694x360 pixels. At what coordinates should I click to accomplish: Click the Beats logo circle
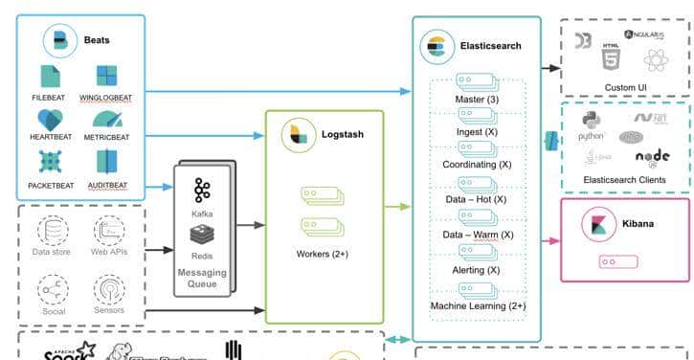pos(60,41)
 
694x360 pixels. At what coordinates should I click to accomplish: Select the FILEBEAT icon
pos(50,77)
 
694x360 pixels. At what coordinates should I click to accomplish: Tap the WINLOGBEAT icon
pos(106,77)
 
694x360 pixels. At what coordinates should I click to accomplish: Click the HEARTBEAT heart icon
pos(50,120)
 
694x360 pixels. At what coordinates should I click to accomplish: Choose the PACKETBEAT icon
pos(50,161)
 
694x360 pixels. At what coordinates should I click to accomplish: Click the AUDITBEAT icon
pos(106,161)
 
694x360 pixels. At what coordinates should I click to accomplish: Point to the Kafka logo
pos(202,188)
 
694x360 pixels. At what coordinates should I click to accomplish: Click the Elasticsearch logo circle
pos(437,45)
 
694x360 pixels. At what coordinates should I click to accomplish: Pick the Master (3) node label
pos(475,99)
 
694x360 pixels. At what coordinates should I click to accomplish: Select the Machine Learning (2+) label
pos(475,305)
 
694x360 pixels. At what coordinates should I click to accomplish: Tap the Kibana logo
pos(599,225)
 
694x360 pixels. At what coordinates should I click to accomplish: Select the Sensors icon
pos(109,288)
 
